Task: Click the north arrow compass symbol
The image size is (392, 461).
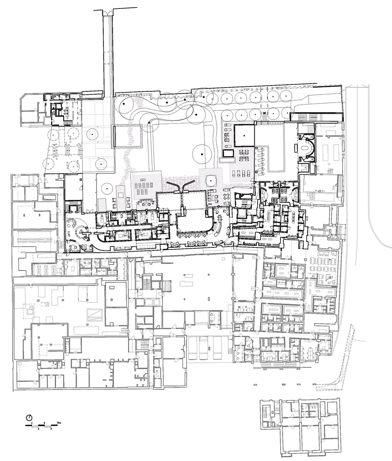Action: pyautogui.click(x=29, y=417)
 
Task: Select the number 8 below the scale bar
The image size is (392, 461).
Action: pyautogui.click(x=51, y=429)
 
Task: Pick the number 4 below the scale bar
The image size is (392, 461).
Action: pyautogui.click(x=38, y=429)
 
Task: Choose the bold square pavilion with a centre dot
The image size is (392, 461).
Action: pyautogui.click(x=244, y=136)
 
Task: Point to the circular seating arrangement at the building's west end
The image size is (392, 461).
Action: pyautogui.click(x=78, y=228)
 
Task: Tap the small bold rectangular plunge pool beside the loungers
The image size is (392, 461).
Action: pyautogui.click(x=228, y=153)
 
